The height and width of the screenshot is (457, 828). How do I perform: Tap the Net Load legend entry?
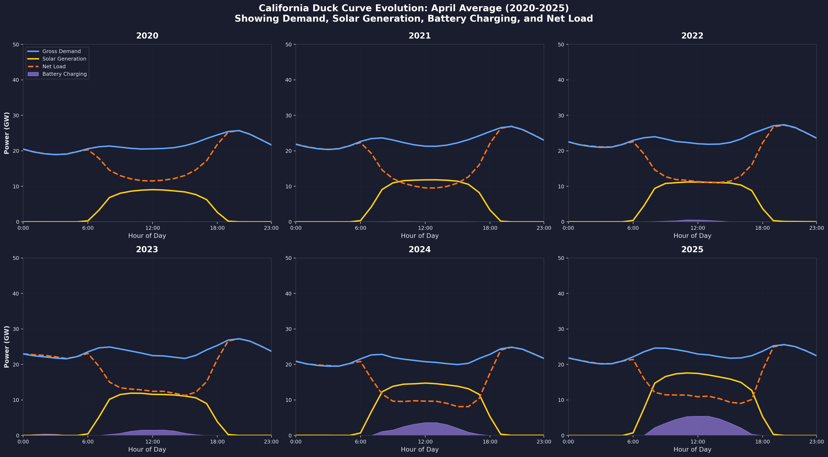(54, 67)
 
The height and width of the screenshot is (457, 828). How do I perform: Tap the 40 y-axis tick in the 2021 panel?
(288, 80)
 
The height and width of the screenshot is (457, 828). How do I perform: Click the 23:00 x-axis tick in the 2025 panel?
(816, 442)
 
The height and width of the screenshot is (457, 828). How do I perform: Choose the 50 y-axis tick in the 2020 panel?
(16, 44)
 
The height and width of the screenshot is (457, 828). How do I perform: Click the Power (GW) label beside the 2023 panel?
(7, 347)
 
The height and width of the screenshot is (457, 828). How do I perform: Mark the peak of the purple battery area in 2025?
(697, 416)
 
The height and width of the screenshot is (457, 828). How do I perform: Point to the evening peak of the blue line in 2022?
(784, 125)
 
